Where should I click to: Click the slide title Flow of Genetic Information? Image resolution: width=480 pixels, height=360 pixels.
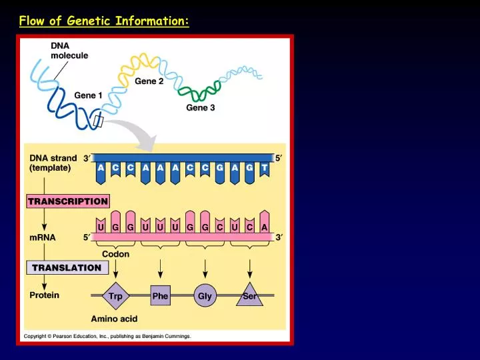click(x=104, y=21)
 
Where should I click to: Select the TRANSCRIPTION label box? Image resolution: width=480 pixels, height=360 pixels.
click(x=67, y=201)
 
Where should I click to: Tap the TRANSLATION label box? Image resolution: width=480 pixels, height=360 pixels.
click(x=67, y=267)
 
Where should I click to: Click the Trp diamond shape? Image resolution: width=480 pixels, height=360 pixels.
click(x=115, y=296)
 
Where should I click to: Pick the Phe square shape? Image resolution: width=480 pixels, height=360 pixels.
click(x=160, y=296)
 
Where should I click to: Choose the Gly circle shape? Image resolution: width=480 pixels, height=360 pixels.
click(x=205, y=296)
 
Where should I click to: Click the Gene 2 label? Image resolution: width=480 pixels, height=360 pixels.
click(x=149, y=81)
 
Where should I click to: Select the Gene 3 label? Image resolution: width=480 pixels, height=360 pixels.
click(x=200, y=107)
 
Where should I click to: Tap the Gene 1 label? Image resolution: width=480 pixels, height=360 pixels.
click(x=88, y=95)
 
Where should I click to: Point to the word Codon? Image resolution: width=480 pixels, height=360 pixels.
click(x=115, y=254)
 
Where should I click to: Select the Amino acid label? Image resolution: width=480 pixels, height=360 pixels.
click(x=114, y=319)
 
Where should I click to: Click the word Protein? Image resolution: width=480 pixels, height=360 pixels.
click(x=44, y=295)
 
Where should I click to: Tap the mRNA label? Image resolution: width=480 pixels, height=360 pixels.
click(x=43, y=237)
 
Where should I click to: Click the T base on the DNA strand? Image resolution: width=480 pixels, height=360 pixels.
click(x=265, y=169)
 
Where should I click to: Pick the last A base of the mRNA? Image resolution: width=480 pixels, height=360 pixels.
click(x=265, y=227)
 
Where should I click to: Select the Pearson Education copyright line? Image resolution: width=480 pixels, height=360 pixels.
click(x=107, y=337)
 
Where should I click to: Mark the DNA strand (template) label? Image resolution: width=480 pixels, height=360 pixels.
click(x=53, y=163)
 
